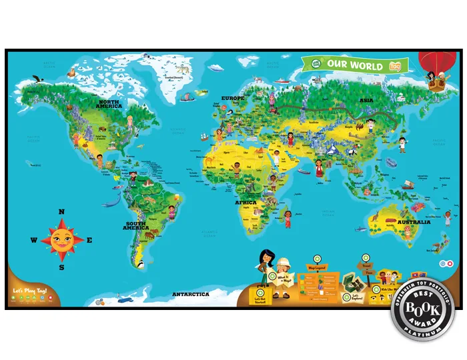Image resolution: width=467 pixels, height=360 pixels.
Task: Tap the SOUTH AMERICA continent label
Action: [135, 225]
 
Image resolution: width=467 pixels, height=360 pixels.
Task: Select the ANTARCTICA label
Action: [191, 294]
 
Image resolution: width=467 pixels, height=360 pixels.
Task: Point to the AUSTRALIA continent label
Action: [414, 222]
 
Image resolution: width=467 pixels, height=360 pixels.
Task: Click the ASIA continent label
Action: [366, 99]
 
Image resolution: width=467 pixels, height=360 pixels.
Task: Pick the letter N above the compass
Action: [61, 212]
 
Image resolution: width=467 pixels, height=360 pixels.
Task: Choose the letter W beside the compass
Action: [33, 240]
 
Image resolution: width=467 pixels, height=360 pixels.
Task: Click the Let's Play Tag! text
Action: [28, 290]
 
